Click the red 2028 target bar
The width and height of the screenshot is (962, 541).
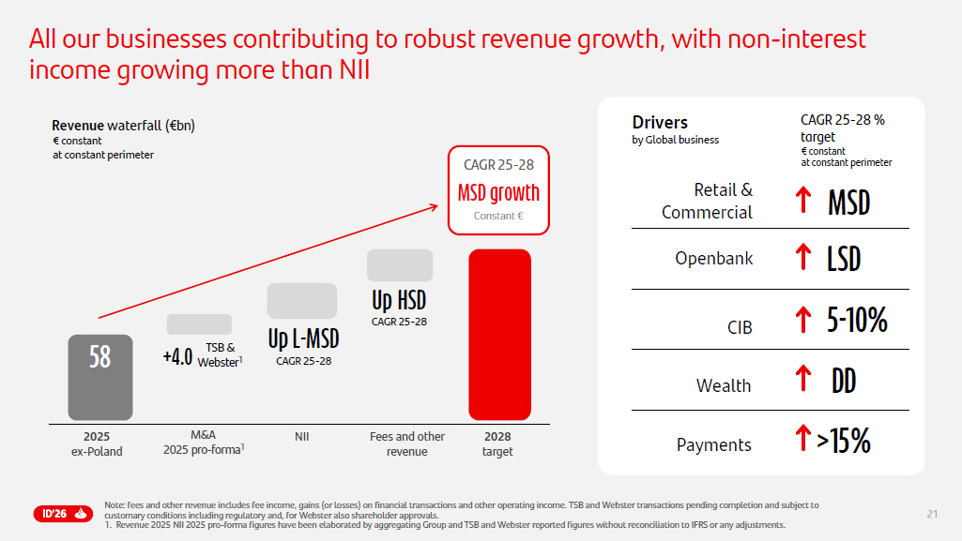click(499, 334)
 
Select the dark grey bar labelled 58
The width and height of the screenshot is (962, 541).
click(99, 377)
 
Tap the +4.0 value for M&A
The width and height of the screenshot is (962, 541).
click(177, 356)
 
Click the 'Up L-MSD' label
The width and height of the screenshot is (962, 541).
click(303, 338)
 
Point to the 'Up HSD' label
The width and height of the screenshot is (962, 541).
click(399, 301)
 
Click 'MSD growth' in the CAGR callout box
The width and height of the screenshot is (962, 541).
click(498, 193)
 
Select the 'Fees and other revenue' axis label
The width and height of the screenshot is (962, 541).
click(407, 443)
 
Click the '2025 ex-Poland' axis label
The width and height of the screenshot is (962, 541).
click(97, 443)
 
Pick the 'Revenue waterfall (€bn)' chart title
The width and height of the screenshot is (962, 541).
click(123, 126)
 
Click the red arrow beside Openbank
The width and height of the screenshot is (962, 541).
click(802, 258)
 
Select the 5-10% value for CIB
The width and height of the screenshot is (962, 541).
click(857, 321)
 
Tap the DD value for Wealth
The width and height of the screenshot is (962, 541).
click(844, 381)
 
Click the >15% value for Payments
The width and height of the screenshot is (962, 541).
click(844, 441)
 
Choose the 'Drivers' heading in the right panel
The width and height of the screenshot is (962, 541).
click(660, 123)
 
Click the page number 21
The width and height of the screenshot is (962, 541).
click(931, 513)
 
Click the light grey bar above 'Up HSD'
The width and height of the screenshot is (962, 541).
click(400, 265)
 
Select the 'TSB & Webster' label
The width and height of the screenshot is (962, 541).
click(220, 354)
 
